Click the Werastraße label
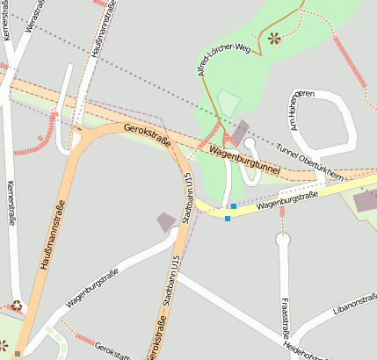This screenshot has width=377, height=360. click(x=34, y=16)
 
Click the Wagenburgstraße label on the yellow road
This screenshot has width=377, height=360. click(x=286, y=203)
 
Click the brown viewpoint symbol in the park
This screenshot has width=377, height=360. click(x=273, y=38)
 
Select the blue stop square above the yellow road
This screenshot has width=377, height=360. click(x=233, y=206)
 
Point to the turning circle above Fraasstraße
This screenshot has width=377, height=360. click(x=282, y=238)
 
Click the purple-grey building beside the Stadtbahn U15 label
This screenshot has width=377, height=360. click(x=165, y=222)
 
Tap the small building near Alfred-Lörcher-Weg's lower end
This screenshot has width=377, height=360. click(x=238, y=129)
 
